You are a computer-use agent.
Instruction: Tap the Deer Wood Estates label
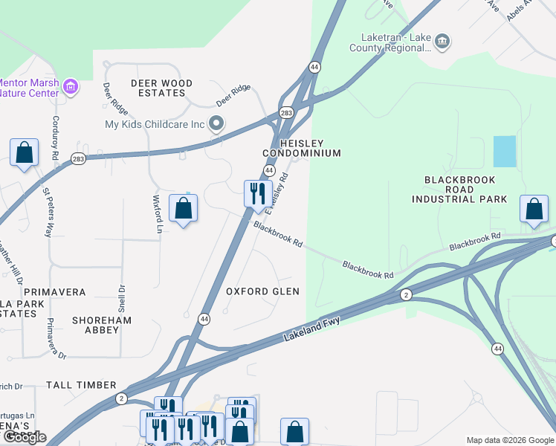pyautogui.click(x=161, y=88)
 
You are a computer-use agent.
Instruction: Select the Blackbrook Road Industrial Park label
pyautogui.click(x=465, y=190)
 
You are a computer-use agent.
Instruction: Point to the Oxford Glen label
pyautogui.click(x=262, y=291)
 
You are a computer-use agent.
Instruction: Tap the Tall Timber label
pyautogui.click(x=81, y=385)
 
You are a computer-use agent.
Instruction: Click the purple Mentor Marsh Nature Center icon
pyautogui.click(x=71, y=88)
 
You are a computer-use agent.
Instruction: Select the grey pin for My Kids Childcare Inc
pyautogui.click(x=216, y=123)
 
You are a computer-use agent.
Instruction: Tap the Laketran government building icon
pyautogui.click(x=442, y=40)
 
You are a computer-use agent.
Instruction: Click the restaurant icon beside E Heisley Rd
pyautogui.click(x=258, y=193)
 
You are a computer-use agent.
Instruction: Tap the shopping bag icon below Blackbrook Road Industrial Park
pyautogui.click(x=534, y=210)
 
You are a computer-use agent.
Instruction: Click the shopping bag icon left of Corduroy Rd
pyautogui.click(x=25, y=153)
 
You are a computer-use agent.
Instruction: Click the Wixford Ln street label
pyautogui.click(x=157, y=214)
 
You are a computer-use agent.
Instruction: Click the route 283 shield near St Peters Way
pyautogui.click(x=78, y=158)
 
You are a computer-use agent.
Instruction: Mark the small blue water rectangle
pyautogui.click(x=504, y=152)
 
